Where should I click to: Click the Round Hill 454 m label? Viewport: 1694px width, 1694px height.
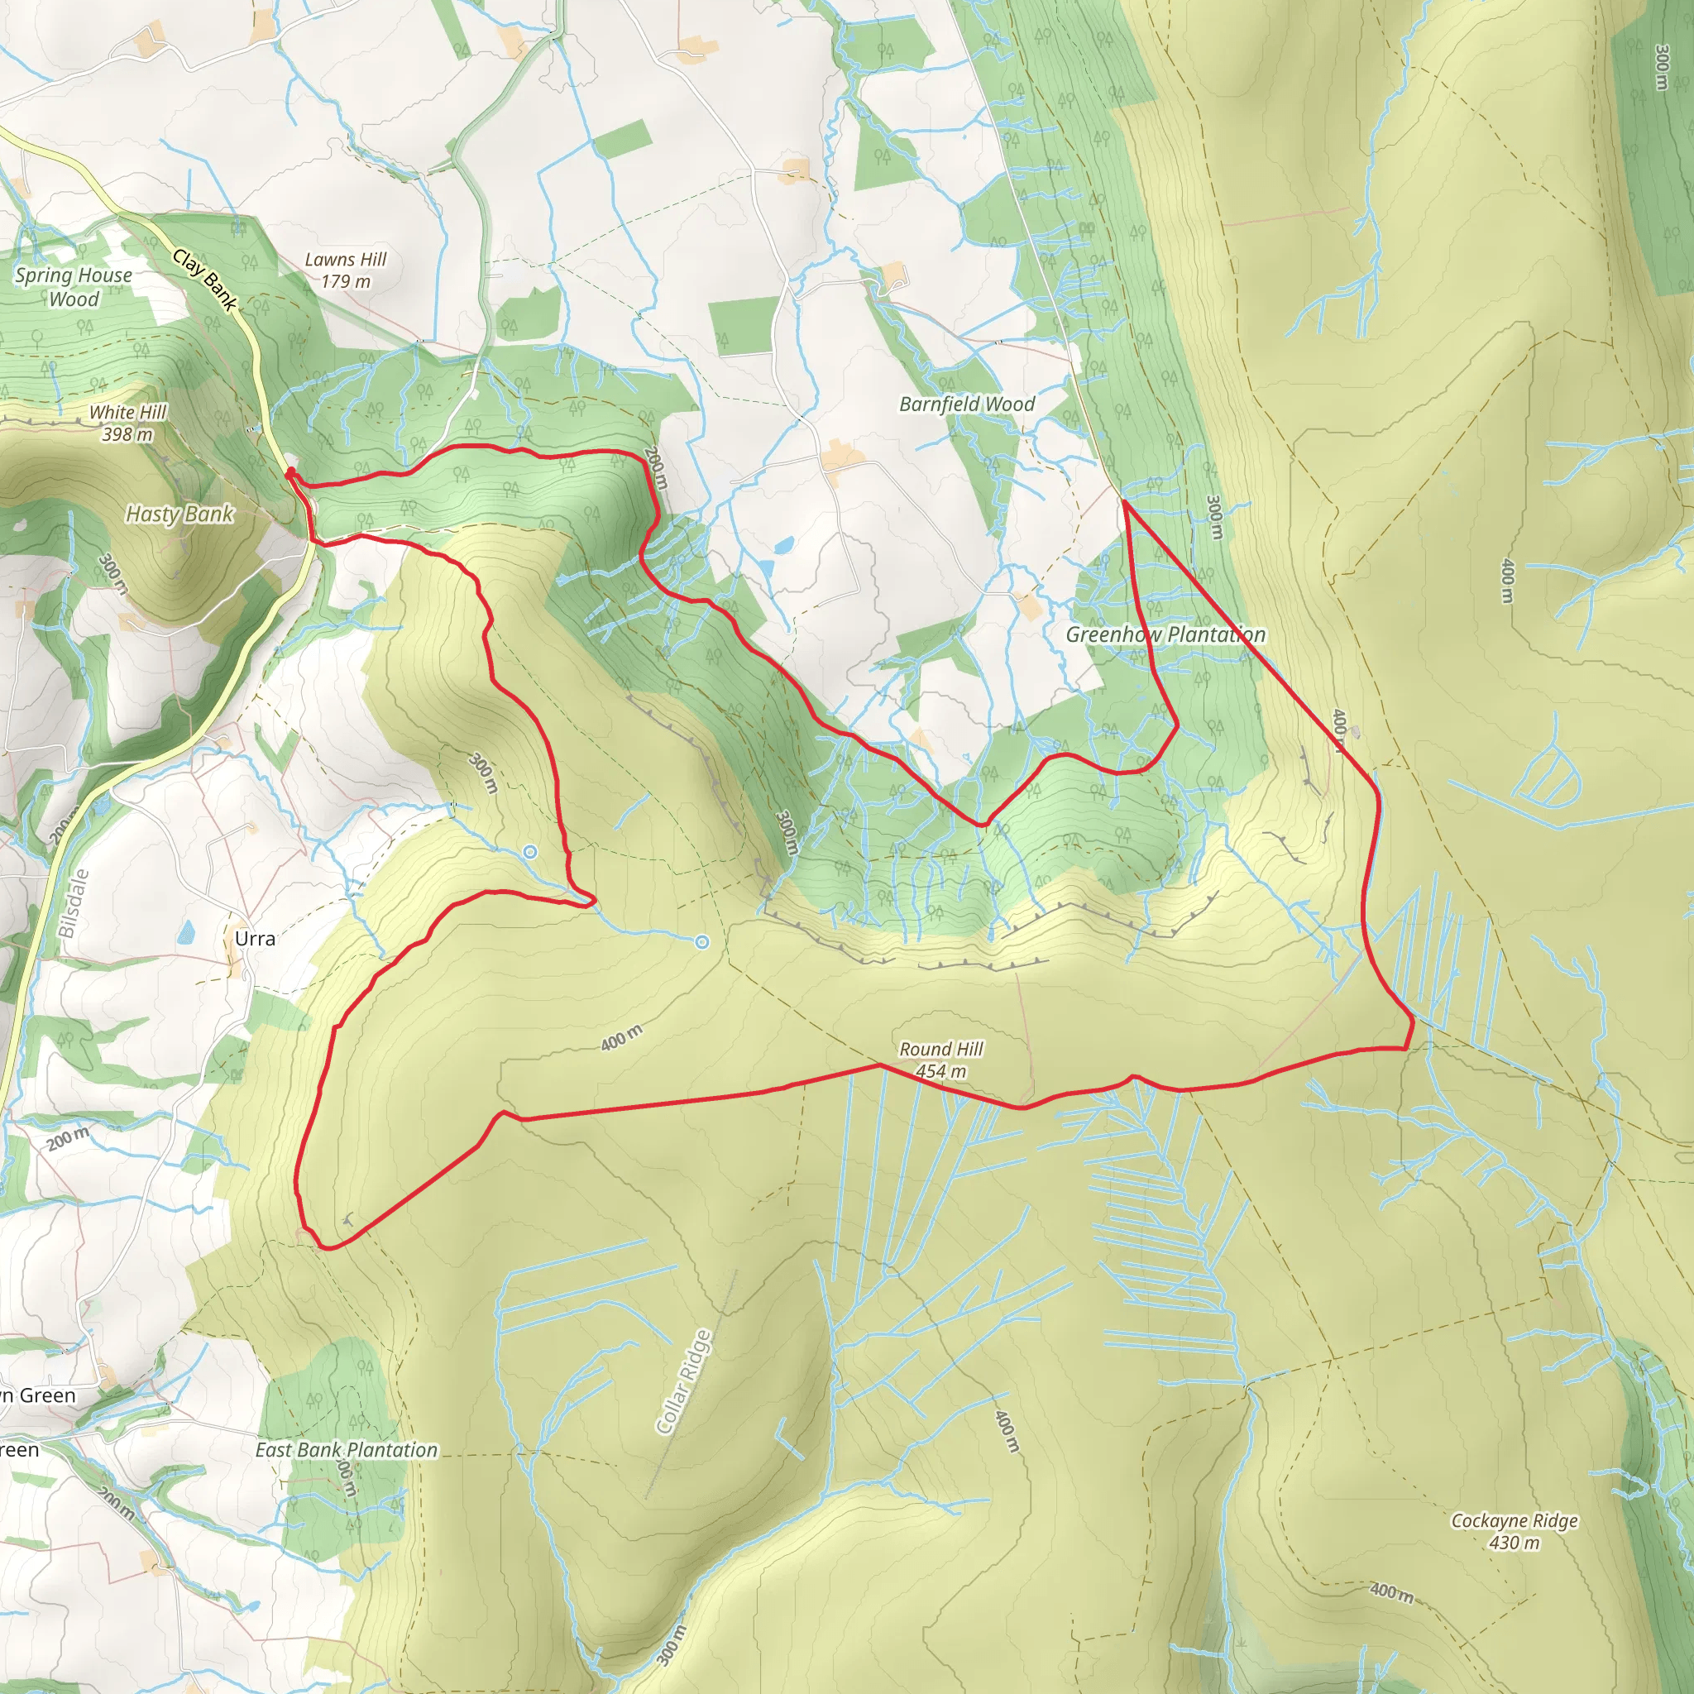(940, 1060)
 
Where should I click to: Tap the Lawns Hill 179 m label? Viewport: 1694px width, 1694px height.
(346, 270)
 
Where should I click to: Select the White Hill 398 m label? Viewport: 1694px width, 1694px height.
(128, 423)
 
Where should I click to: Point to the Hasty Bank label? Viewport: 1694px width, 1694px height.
(179, 514)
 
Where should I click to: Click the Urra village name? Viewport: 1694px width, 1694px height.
(254, 938)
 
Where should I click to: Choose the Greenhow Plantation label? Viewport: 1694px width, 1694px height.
(1165, 634)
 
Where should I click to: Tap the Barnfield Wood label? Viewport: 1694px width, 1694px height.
(967, 404)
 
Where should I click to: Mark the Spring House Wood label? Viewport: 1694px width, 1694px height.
(74, 287)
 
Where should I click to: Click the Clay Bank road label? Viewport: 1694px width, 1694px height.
(205, 280)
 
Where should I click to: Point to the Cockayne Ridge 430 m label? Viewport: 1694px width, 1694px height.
(1515, 1531)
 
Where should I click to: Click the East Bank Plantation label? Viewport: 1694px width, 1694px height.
(347, 1450)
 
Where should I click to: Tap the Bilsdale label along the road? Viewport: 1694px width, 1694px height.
(74, 903)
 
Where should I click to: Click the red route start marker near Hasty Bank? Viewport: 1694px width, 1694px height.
(290, 473)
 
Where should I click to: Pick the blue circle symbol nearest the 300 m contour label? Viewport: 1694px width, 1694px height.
(529, 851)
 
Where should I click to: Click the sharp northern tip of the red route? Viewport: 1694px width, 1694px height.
(1123, 501)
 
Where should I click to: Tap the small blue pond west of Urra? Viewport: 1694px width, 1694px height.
(186, 932)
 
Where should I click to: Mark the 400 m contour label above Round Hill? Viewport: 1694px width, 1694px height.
(621, 1038)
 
